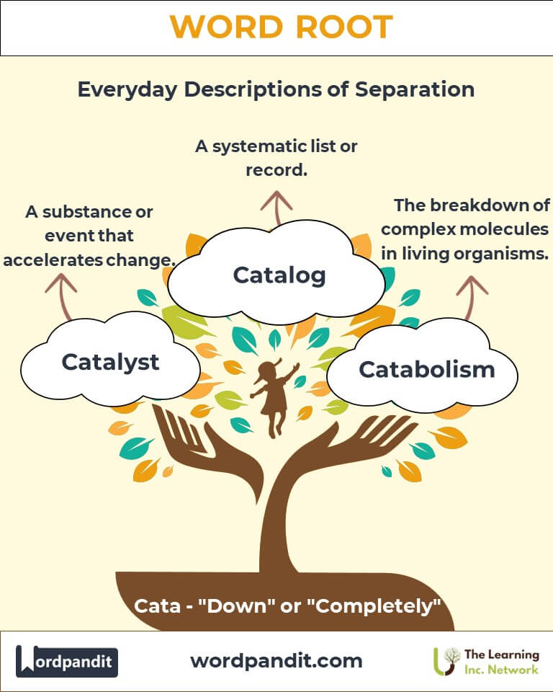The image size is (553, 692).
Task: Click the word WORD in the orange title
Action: coord(226,27)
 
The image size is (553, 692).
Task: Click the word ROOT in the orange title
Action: coord(344,27)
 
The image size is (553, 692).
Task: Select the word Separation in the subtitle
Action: coord(415,89)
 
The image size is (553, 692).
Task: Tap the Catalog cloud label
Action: coord(279,275)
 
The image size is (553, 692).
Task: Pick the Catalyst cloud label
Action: coord(110,363)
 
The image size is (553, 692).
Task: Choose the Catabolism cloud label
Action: coord(426,369)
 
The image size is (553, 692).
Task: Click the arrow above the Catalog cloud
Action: coord(276,208)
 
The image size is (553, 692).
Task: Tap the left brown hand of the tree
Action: coord(207,450)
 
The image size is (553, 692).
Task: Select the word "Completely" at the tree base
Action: coord(377,606)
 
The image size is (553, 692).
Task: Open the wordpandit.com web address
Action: coord(276,661)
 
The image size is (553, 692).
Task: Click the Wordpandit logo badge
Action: coord(66,661)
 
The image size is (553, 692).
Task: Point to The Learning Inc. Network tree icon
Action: coord(446,661)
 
